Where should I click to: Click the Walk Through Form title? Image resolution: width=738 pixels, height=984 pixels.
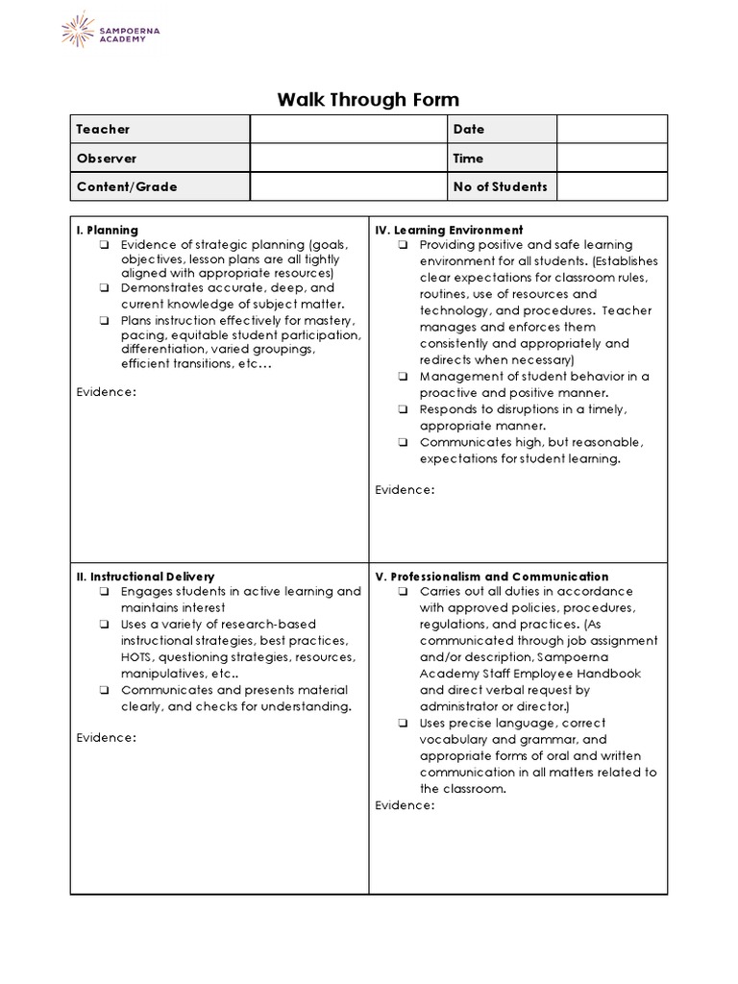(x=368, y=99)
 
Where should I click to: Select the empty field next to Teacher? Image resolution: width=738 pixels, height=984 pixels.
(x=349, y=129)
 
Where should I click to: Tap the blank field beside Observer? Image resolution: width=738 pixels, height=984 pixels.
(x=349, y=158)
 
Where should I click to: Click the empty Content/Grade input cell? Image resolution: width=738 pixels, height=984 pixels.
(x=349, y=186)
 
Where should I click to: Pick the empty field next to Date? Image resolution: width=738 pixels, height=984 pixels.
(x=611, y=129)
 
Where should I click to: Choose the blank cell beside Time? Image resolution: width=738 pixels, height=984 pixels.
(x=611, y=158)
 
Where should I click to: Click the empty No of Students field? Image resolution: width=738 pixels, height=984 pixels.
(x=611, y=186)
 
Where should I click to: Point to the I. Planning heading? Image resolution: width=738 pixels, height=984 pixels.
(x=107, y=230)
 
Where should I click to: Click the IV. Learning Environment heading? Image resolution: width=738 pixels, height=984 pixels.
(x=449, y=230)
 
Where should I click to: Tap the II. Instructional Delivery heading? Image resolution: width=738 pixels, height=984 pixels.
(x=145, y=577)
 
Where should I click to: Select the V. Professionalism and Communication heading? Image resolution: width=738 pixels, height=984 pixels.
(x=491, y=577)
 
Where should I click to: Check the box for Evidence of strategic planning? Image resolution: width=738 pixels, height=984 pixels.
(x=103, y=245)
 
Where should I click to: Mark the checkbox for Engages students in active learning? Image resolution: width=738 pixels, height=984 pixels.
(x=103, y=592)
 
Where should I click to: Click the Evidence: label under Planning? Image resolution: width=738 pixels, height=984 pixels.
(x=106, y=391)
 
